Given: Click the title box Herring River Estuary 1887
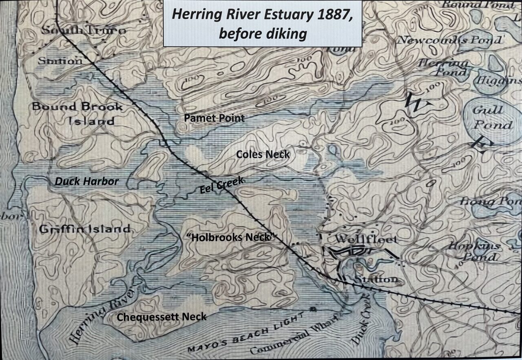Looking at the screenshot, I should point(262,23).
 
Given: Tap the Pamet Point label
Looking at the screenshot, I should point(214,118).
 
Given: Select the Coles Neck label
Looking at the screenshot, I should point(263,154).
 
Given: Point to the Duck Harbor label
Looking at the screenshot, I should point(86,182).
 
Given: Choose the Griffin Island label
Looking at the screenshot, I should point(84,229).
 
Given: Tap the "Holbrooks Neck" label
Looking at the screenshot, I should point(231,237).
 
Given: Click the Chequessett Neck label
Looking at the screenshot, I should point(161,317).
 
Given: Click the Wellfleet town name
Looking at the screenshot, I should point(365,239).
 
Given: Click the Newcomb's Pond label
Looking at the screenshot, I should point(449,40).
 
